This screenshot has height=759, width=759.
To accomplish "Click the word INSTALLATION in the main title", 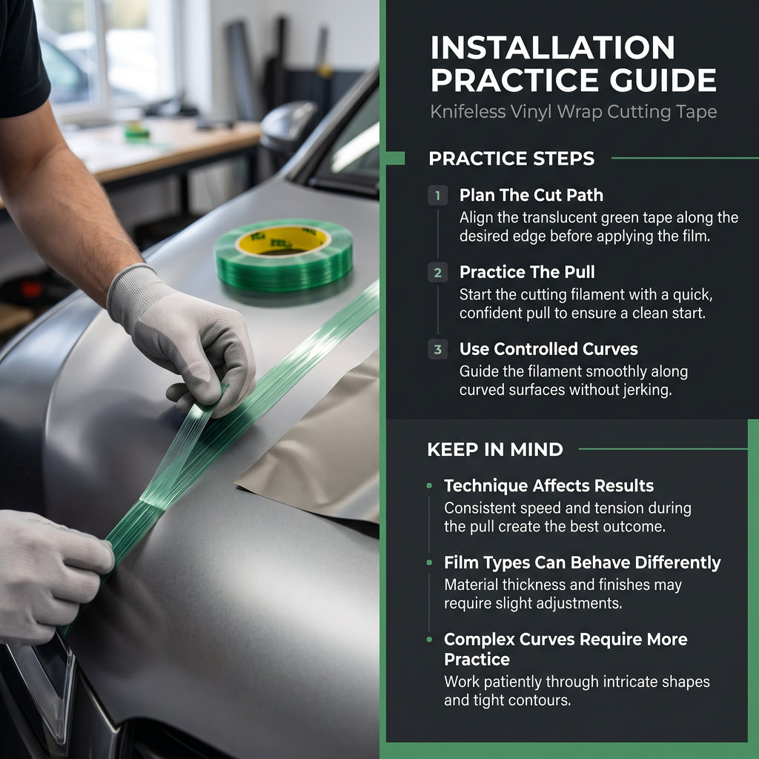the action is [552, 47].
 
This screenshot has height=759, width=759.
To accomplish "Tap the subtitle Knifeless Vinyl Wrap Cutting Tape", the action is [573, 112].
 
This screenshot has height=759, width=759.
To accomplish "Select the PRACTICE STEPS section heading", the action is [511, 159].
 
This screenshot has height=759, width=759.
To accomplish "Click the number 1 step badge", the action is [437, 196].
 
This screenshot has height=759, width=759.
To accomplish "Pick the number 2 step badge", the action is [437, 273].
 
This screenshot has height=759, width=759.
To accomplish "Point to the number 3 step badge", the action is [437, 349].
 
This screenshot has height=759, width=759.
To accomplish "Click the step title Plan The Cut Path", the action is [531, 195].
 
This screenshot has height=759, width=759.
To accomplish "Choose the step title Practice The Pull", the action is [527, 272].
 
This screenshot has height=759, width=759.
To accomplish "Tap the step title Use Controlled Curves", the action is [548, 349].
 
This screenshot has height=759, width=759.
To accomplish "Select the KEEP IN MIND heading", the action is [495, 449].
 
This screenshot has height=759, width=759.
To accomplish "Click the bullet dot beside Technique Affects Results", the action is [429, 485].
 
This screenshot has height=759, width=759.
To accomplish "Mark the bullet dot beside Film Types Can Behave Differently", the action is [429, 563].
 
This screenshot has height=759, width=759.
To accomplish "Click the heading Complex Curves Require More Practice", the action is [566, 649].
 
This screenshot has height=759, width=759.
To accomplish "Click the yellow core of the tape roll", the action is [282, 241].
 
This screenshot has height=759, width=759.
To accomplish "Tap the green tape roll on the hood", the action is [283, 254].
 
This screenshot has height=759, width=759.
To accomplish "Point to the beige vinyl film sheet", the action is [319, 450].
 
